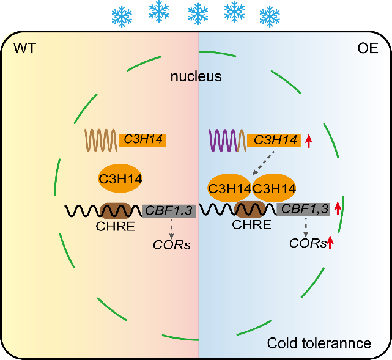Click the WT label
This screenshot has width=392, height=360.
coord(24,48)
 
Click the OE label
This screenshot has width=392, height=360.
coord(368,48)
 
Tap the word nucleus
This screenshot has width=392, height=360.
coord(196,76)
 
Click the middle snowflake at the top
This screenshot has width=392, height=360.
coord(198,13)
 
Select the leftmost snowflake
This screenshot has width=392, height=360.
coord(122,17)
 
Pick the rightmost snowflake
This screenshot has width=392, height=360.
coord(270,17)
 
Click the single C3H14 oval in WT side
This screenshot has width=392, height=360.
coord(120,178)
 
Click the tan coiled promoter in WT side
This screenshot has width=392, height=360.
coord(101,140)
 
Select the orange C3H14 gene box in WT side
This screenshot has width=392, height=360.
coord(142,140)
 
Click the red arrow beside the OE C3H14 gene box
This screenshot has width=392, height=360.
coord(309,141)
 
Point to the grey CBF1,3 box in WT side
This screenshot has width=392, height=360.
coord(169,211)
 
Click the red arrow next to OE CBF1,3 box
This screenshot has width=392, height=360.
coord(338,208)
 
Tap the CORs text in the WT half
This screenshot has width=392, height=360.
coord(172,245)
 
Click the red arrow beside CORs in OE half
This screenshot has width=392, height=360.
coord(330,242)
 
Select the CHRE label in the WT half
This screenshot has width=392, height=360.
coord(115,226)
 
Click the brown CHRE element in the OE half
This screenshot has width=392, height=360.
coord(251,209)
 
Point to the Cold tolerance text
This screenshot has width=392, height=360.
coord(319,343)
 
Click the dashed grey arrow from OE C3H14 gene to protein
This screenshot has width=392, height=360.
coord(263,163)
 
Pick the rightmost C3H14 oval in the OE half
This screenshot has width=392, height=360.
coord(274,188)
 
